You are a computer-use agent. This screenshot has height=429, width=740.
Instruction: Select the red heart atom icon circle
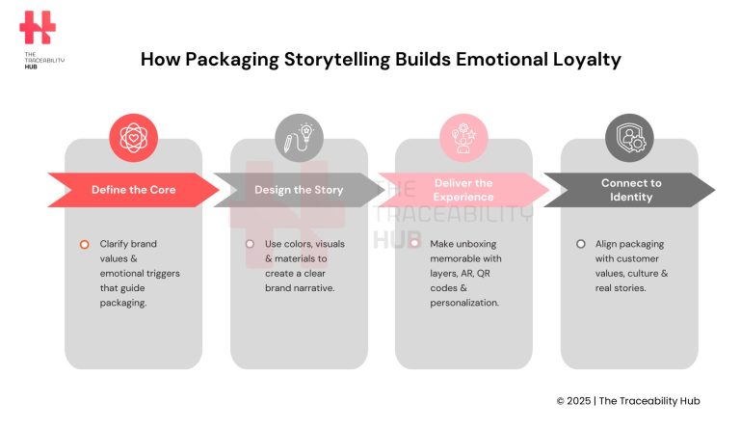(133, 138)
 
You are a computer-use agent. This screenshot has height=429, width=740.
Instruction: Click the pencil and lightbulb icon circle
(299, 138)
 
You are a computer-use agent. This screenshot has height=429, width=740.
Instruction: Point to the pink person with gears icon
(463, 138)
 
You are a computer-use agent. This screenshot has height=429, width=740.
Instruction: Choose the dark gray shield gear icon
(629, 138)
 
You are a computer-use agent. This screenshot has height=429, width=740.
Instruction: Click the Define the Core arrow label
(133, 190)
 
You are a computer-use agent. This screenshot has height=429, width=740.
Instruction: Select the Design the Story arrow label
(299, 190)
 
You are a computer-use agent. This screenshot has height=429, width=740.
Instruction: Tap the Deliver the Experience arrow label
(463, 190)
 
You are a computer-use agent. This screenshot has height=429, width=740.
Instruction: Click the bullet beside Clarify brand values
(85, 244)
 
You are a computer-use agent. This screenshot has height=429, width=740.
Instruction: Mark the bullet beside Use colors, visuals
(250, 244)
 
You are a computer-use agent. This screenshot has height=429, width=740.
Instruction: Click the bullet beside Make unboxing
(415, 244)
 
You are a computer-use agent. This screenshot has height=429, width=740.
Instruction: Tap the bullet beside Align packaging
(580, 244)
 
